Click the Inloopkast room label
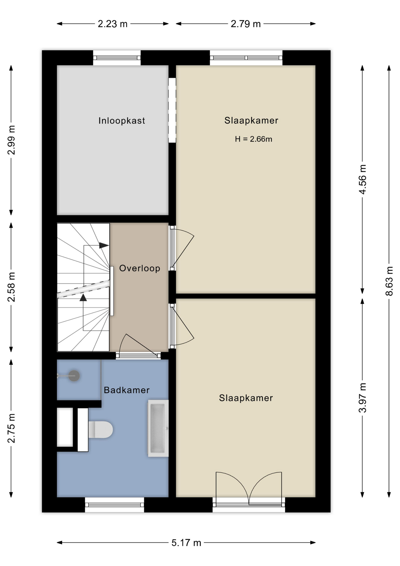122,121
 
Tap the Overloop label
140,268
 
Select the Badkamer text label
127,390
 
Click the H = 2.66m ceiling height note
253,139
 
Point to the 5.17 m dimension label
186,543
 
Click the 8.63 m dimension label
389,281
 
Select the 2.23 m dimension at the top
113,24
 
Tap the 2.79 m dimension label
246,24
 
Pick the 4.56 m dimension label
363,179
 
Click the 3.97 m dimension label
363,398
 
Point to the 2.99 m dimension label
11,140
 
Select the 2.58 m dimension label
11,287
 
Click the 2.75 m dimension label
11,428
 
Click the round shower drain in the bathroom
74,376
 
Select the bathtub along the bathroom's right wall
158,428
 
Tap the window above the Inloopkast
117,58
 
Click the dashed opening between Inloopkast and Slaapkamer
172,110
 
